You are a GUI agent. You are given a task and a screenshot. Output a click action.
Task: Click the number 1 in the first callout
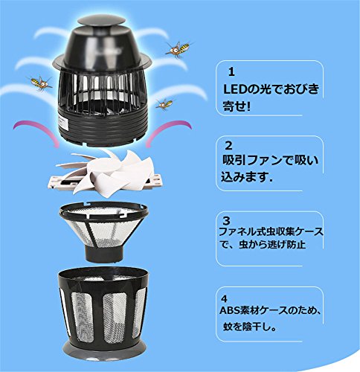click(231, 72)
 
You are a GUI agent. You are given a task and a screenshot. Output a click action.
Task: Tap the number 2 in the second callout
click(228, 146)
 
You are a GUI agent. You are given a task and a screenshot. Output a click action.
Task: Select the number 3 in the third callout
click(227, 220)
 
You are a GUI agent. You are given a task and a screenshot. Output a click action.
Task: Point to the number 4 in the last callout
click(224, 299)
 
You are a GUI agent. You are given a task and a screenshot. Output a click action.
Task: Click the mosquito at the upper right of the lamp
click(179, 49)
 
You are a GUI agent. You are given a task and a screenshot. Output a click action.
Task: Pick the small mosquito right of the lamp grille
click(164, 103)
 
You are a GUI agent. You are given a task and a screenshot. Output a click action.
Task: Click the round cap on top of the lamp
click(100, 20)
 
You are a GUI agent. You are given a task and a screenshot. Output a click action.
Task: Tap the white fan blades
click(109, 173)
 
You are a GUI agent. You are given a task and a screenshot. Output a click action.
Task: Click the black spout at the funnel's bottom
click(106, 252)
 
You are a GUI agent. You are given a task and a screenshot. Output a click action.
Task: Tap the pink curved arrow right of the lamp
click(169, 132)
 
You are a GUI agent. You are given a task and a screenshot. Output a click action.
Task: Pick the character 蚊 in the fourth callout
click(228, 327)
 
